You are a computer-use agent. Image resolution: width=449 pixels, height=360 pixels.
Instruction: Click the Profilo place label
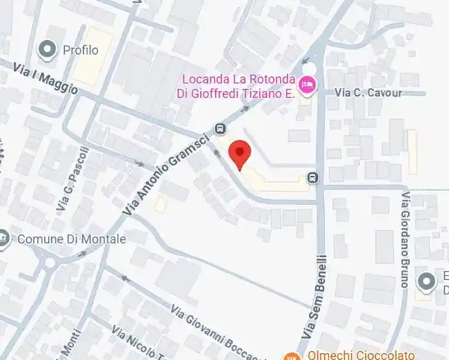[x=81, y=50]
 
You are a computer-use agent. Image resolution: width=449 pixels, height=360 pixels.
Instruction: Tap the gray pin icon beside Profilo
[x=48, y=49]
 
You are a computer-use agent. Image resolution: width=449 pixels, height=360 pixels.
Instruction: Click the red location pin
[x=239, y=153]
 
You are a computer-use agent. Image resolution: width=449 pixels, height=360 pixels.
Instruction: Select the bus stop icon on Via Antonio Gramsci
[x=220, y=128]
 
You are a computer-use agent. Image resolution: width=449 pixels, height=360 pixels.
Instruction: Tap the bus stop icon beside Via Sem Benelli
[x=313, y=177]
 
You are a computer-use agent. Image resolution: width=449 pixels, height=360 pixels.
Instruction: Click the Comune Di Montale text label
[x=72, y=239]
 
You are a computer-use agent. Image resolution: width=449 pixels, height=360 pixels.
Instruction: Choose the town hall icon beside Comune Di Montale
[x=4, y=239]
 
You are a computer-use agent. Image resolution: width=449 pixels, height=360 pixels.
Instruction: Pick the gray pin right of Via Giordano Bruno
[x=428, y=281]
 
